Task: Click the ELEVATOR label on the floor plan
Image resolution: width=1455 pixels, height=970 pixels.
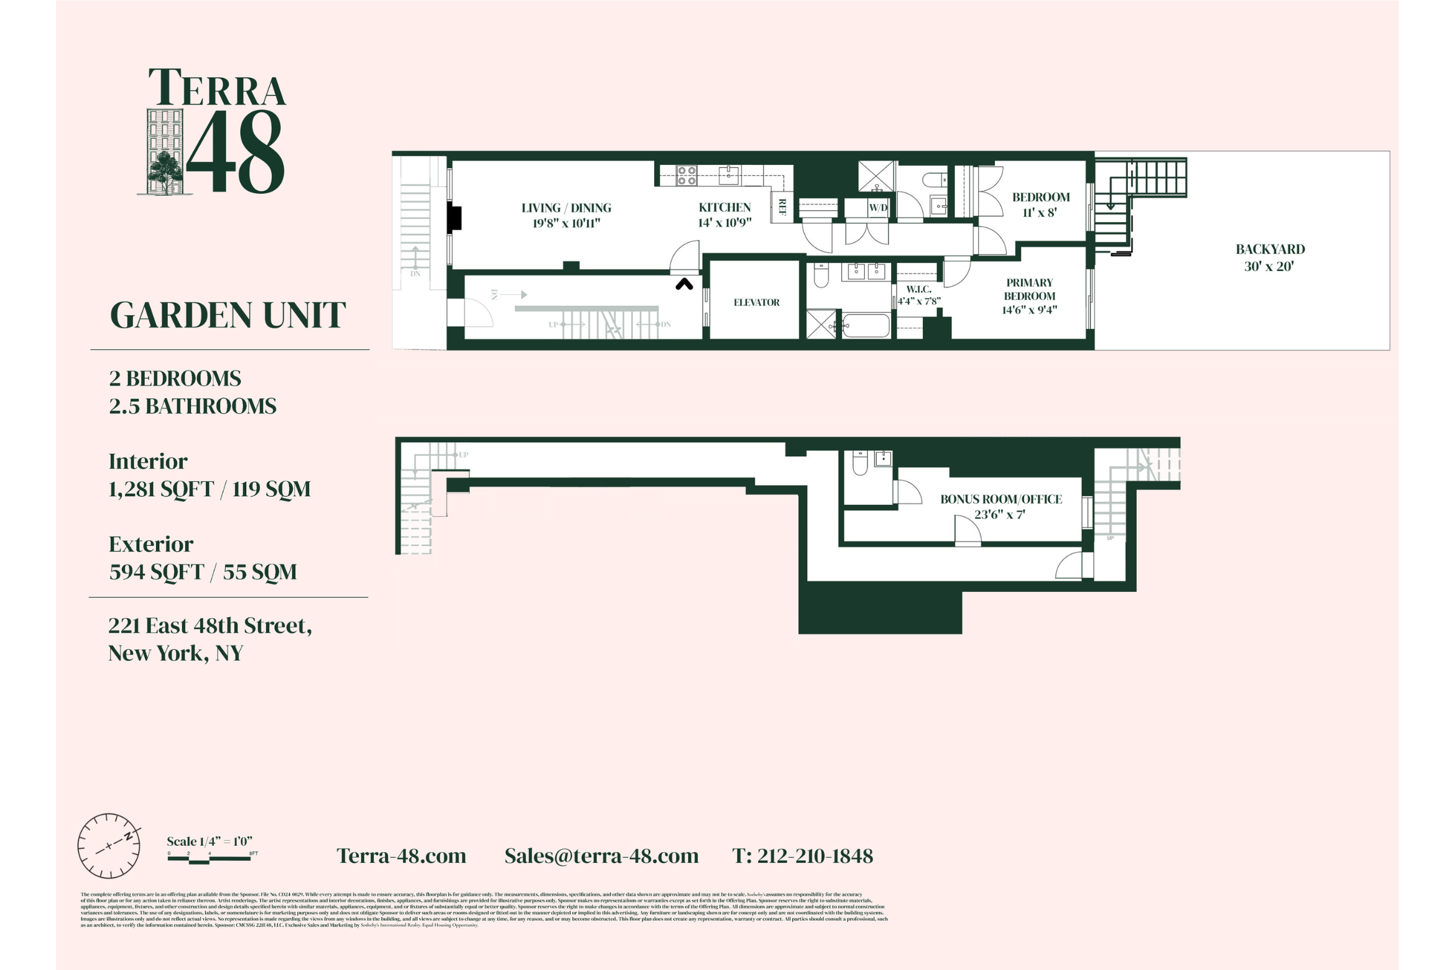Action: click(x=756, y=303)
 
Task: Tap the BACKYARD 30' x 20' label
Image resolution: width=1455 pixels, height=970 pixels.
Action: click(x=1270, y=257)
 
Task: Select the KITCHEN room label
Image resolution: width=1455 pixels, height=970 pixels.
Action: click(x=724, y=215)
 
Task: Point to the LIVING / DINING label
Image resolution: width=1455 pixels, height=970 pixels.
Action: click(x=566, y=215)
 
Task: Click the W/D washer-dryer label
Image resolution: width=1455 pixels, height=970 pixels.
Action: click(x=878, y=208)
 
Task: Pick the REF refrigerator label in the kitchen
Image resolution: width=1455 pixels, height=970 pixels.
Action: click(x=782, y=207)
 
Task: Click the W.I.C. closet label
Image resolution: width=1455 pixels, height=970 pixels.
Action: click(x=918, y=295)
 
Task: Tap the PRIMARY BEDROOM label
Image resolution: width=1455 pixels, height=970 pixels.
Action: click(x=1029, y=296)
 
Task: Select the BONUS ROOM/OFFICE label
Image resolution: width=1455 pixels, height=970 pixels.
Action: click(x=1000, y=506)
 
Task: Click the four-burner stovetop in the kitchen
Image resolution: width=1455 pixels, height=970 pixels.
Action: click(x=686, y=175)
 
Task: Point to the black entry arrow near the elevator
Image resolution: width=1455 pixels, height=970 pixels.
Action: click(x=684, y=284)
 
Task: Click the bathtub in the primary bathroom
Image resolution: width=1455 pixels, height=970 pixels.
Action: click(x=865, y=326)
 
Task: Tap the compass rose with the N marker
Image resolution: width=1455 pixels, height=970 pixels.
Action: click(x=109, y=846)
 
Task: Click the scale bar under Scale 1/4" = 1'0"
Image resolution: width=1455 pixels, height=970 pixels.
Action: click(x=210, y=859)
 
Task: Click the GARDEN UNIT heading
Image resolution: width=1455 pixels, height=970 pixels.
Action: click(x=228, y=315)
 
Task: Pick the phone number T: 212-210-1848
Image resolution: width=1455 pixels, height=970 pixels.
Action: click(x=802, y=856)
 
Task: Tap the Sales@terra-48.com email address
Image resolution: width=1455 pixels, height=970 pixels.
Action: click(x=601, y=856)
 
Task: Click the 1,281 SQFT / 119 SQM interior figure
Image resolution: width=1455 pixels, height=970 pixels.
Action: click(x=210, y=489)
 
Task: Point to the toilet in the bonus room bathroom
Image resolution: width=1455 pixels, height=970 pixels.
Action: click(x=860, y=463)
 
